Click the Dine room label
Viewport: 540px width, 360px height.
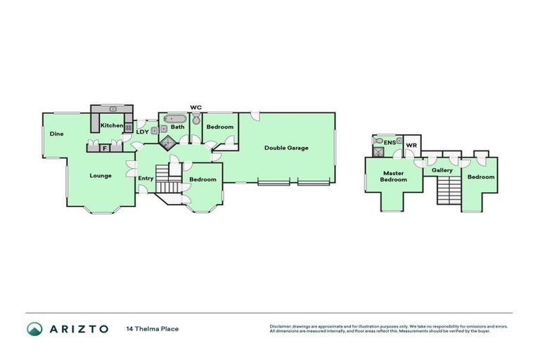pyautogui.click(x=57, y=134)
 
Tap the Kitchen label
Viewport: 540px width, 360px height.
pyautogui.click(x=111, y=125)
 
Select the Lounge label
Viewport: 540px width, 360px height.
pyautogui.click(x=100, y=176)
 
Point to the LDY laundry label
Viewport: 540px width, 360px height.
pyautogui.click(x=142, y=131)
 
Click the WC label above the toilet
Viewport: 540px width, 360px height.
pyautogui.click(x=196, y=108)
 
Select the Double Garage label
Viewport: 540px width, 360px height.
pyautogui.click(x=285, y=148)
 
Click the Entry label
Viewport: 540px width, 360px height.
pyautogui.click(x=146, y=178)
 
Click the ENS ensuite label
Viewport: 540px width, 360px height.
pyautogui.click(x=389, y=142)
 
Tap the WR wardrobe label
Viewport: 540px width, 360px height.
pyautogui.click(x=412, y=146)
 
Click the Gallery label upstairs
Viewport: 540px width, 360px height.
pyautogui.click(x=442, y=170)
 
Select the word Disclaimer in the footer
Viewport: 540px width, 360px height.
pyautogui.click(x=280, y=326)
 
